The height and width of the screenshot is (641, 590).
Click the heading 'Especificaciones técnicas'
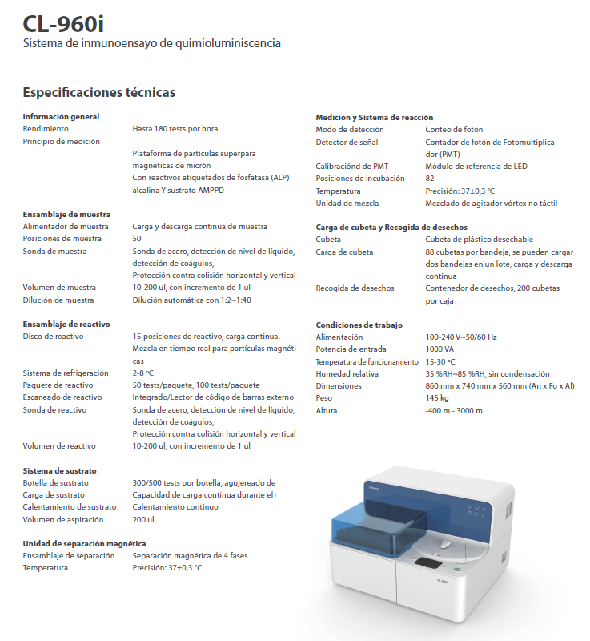tap(98, 92)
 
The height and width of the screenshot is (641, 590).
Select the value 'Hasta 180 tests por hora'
tap(175, 128)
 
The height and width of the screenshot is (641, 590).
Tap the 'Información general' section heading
tap(61, 116)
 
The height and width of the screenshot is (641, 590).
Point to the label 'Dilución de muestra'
tap(58, 300)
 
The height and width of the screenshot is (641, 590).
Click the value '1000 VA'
tap(440, 349)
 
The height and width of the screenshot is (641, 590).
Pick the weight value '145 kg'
tap(437, 398)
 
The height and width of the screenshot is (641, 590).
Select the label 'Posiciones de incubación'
tap(360, 179)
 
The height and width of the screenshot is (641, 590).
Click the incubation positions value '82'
tap(430, 179)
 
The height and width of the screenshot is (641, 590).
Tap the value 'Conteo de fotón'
tap(454, 130)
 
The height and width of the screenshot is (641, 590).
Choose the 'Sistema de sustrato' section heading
tap(59, 470)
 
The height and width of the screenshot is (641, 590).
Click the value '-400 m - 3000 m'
tap(454, 410)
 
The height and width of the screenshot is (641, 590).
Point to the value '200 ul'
tap(143, 519)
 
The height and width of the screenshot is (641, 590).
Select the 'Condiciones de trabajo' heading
tap(359, 325)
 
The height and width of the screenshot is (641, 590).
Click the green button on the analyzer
tap(456, 570)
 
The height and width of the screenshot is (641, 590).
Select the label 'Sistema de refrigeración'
tap(65, 373)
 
